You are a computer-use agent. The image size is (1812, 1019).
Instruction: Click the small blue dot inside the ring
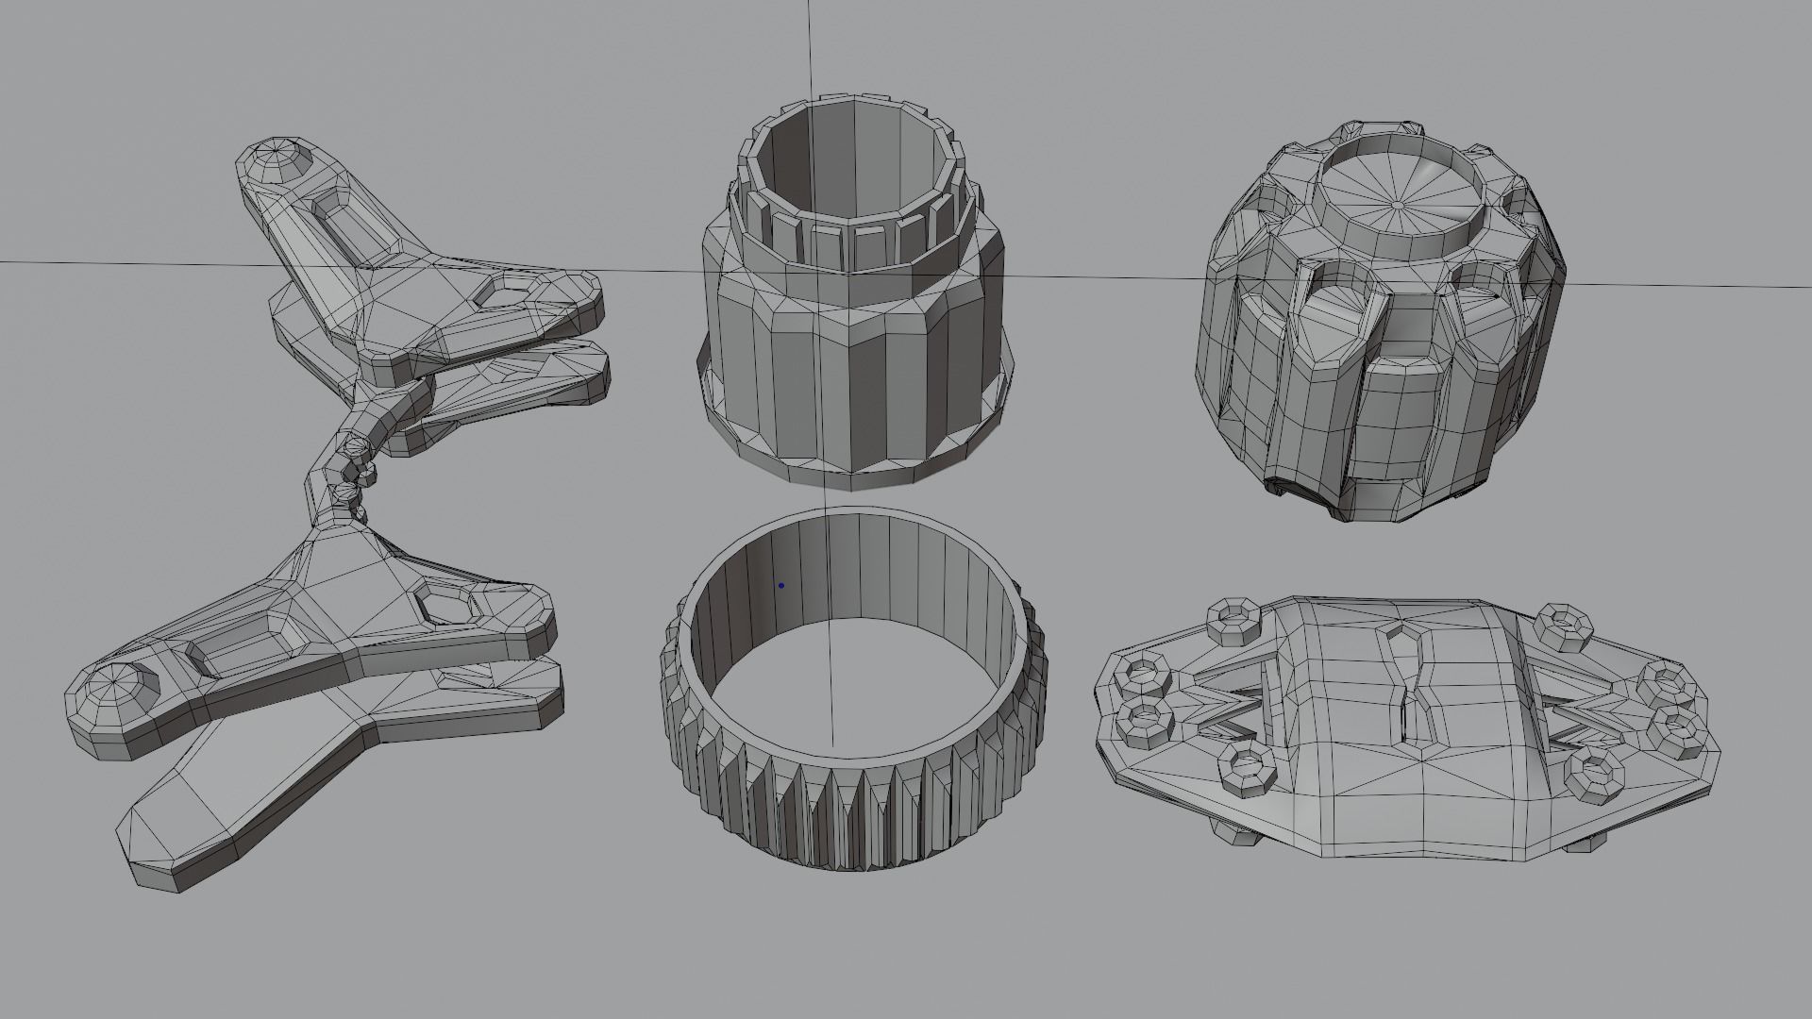[780, 585]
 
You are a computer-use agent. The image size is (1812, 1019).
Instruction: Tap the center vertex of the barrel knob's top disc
[1395, 202]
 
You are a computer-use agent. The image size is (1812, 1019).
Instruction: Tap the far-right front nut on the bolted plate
[1679, 731]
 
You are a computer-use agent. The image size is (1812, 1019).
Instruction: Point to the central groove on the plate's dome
[1412, 689]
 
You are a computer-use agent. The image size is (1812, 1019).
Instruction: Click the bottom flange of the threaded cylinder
[854, 472]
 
